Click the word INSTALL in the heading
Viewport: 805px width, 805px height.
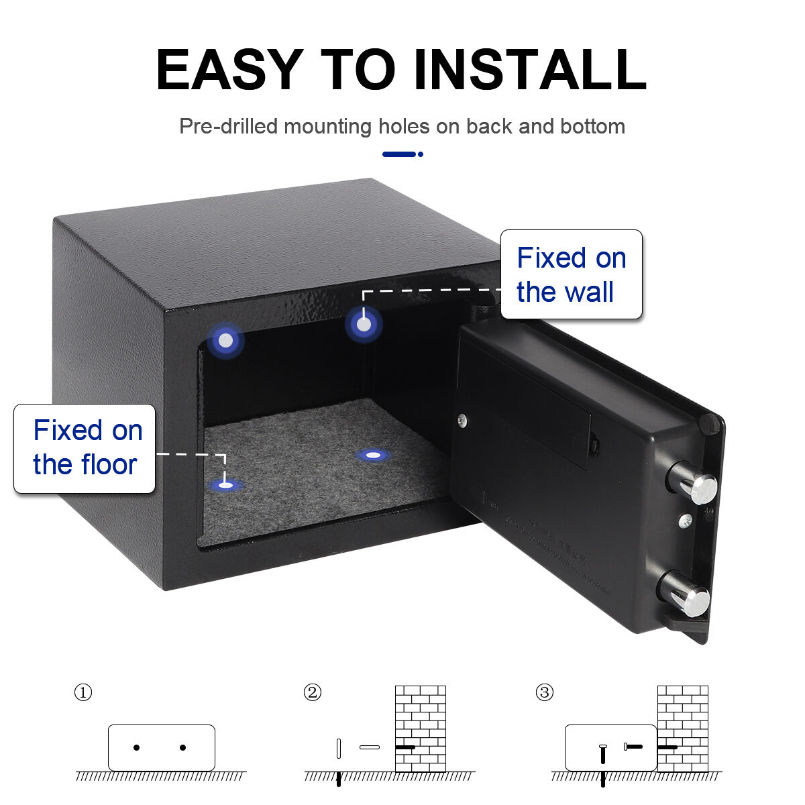(x=530, y=69)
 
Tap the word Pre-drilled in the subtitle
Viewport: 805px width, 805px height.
(x=228, y=126)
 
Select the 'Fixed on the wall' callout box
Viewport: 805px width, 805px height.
(x=571, y=274)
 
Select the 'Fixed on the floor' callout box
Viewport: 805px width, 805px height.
(x=85, y=449)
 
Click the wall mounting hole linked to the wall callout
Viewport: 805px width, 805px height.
(x=364, y=324)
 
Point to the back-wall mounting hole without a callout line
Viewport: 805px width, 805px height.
(x=225, y=340)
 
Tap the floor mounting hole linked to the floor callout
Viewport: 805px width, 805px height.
(x=225, y=485)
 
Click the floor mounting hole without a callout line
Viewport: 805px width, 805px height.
(x=373, y=455)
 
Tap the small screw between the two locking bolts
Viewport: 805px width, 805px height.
(x=686, y=520)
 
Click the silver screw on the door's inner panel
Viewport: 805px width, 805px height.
(x=462, y=420)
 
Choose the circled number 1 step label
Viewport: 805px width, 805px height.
(x=83, y=692)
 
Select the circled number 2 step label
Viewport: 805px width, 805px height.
(x=313, y=692)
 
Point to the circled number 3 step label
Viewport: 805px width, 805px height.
(x=545, y=692)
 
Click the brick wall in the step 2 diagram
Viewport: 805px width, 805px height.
(x=421, y=729)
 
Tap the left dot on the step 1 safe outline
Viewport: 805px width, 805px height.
(x=137, y=747)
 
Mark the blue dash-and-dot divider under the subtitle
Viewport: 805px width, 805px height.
(x=402, y=154)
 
